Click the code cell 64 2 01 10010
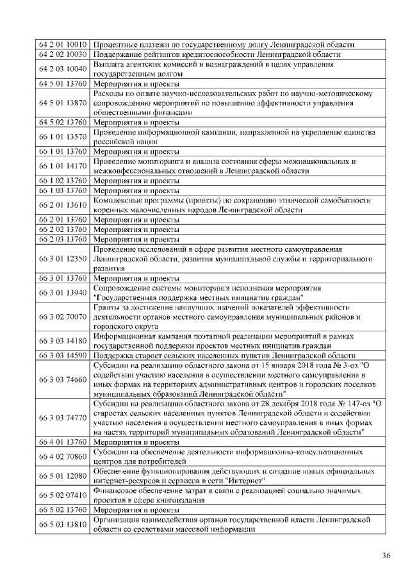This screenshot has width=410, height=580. click(62, 44)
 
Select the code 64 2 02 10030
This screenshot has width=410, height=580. click(62, 54)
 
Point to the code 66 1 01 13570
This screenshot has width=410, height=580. click(62, 137)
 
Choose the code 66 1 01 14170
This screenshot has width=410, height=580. click(62, 166)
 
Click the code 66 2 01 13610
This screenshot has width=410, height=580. click(62, 205)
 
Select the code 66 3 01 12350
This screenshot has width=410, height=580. click(62, 258)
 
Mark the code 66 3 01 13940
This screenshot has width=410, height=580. click(62, 293)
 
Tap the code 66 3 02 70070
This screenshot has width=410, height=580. click(62, 317)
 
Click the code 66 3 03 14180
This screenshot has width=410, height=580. click(62, 341)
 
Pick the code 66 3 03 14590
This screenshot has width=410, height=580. click(62, 355)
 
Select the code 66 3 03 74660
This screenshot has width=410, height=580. click(62, 379)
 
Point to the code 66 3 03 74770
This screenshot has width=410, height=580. click(62, 418)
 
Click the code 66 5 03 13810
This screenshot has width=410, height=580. click(62, 526)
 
